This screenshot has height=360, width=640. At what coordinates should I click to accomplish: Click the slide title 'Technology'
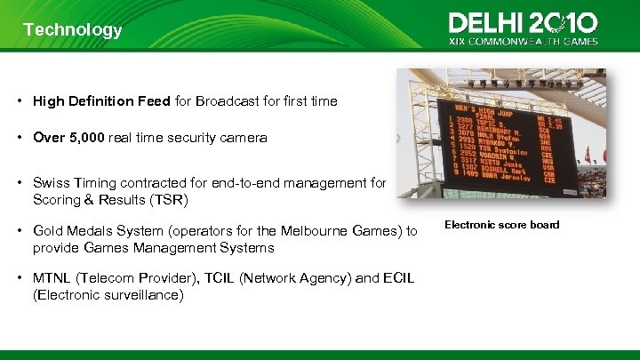click(x=73, y=30)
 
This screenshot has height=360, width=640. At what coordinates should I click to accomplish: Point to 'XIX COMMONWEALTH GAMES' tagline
click(x=524, y=41)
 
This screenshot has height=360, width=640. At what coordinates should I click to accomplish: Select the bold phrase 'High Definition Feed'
click(x=101, y=101)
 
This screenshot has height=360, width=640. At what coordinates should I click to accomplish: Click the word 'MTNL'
click(x=53, y=278)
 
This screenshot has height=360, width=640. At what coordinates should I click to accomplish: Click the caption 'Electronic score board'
click(x=501, y=225)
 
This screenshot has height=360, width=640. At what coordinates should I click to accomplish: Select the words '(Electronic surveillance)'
click(x=108, y=295)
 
